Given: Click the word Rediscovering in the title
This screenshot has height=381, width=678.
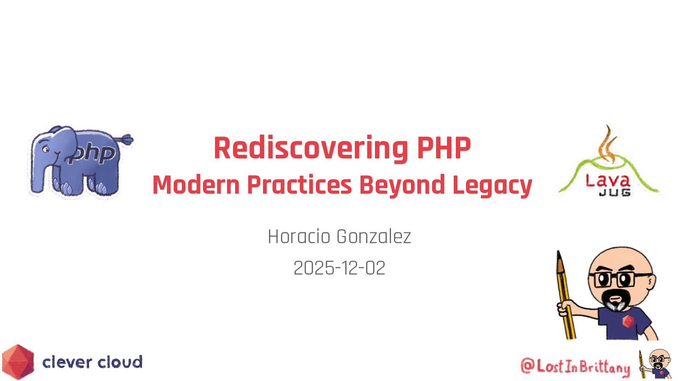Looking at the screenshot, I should pyautogui.click(x=311, y=148).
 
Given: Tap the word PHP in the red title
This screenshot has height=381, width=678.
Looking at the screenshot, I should pyautogui.click(x=444, y=148).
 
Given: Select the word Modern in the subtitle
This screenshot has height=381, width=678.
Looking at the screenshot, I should pyautogui.click(x=196, y=185).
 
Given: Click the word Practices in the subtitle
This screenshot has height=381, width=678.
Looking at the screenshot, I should pyautogui.click(x=299, y=185).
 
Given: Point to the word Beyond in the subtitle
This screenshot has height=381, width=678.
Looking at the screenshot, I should pyautogui.click(x=402, y=185).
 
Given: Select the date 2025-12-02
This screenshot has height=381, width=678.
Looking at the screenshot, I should pyautogui.click(x=339, y=268).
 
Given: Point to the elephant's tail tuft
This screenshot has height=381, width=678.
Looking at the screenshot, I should pyautogui.click(x=127, y=139).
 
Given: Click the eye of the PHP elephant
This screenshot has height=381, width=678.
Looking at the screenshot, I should pyautogui.click(x=46, y=149).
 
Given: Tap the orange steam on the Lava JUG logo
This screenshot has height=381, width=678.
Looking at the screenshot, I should pyautogui.click(x=607, y=145).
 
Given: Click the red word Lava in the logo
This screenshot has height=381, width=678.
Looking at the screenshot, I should pyautogui.click(x=608, y=181).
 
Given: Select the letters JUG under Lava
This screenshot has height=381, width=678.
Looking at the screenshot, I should pyautogui.click(x=614, y=193).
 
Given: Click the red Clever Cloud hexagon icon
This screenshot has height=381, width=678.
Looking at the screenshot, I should pyautogui.click(x=18, y=362).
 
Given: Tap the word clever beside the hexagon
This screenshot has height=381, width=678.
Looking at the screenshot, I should pyautogui.click(x=67, y=362).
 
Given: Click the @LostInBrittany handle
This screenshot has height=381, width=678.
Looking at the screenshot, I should pyautogui.click(x=575, y=366).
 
